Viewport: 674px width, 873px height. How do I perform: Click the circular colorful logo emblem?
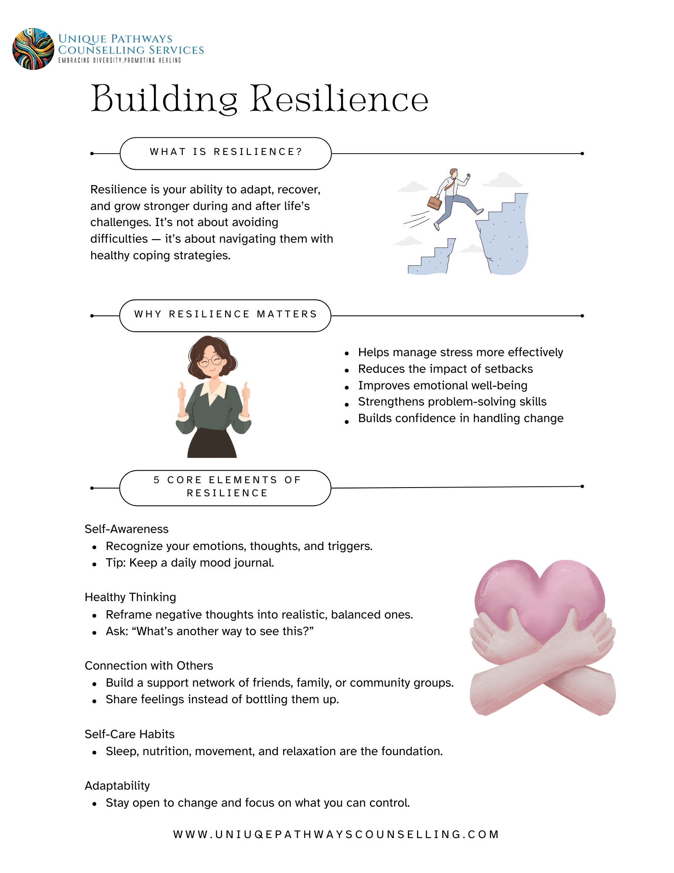click(x=33, y=49)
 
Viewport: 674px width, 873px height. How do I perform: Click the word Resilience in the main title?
click(x=339, y=99)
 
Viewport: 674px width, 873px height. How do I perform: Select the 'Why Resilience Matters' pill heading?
click(x=225, y=315)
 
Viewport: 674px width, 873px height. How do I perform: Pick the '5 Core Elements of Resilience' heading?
click(x=225, y=487)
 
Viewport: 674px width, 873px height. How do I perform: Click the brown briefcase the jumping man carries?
click(x=435, y=203)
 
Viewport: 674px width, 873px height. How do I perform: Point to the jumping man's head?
click(x=454, y=173)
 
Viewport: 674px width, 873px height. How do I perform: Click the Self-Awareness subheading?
click(x=127, y=529)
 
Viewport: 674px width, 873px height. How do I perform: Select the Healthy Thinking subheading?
click(x=130, y=597)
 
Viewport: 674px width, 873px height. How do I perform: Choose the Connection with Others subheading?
click(x=149, y=666)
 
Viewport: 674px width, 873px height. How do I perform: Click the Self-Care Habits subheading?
click(x=130, y=734)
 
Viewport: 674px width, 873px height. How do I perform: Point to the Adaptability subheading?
click(x=117, y=786)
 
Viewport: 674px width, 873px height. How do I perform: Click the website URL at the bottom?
click(x=336, y=835)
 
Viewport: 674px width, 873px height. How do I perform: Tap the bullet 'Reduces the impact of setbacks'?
click(x=445, y=369)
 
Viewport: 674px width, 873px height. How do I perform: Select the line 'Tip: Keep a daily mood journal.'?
click(x=190, y=563)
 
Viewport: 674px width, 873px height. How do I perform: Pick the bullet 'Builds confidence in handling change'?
click(x=461, y=419)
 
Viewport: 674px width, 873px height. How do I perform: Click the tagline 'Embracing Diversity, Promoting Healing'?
click(x=120, y=61)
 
